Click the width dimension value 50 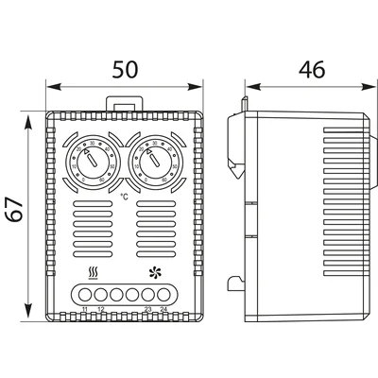click(x=124, y=69)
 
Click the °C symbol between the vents click(x=125, y=198)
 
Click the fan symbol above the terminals click(x=155, y=274)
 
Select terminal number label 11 click(x=85, y=310)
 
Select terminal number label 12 click(x=100, y=310)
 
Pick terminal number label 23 click(x=148, y=310)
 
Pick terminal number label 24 click(x=163, y=310)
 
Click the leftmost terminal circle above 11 click(x=85, y=295)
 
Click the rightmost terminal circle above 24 click(x=164, y=295)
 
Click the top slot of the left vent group click(x=93, y=203)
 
